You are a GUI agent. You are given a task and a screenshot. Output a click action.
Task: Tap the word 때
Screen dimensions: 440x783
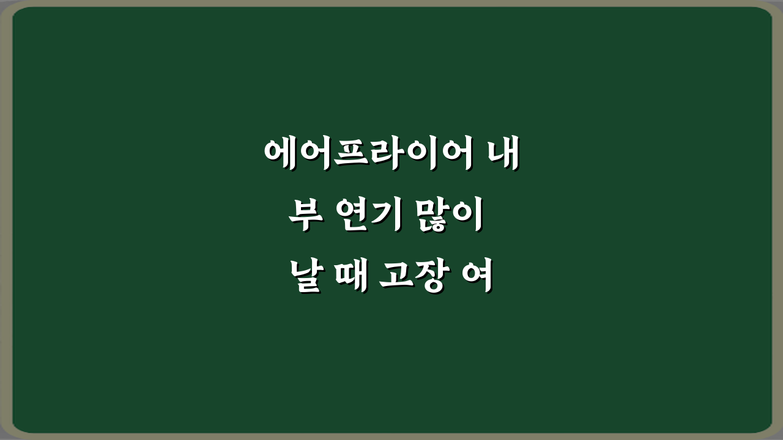click(x=347, y=277)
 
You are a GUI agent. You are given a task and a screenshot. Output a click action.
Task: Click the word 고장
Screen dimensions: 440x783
click(x=411, y=277)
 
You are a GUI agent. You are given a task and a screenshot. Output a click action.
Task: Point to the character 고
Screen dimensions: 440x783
click(x=393, y=277)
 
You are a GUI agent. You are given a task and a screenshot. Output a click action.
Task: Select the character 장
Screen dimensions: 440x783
click(x=429, y=277)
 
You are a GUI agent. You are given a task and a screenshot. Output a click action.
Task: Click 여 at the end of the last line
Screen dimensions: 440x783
click(x=475, y=277)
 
